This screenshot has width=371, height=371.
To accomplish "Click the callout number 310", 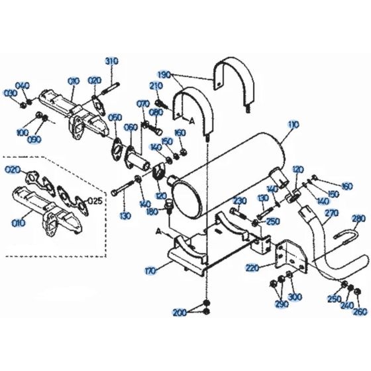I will pos(111,61).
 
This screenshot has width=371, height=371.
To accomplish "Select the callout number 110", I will pos(293,125).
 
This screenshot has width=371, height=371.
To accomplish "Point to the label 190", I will pos(164,74).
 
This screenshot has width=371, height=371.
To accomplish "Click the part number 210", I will pos(156,86).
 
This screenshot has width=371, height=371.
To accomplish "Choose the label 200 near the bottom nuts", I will pos(180,312).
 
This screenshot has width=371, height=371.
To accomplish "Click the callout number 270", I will pos(332,213).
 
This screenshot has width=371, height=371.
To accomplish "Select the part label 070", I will pos(142,104).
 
